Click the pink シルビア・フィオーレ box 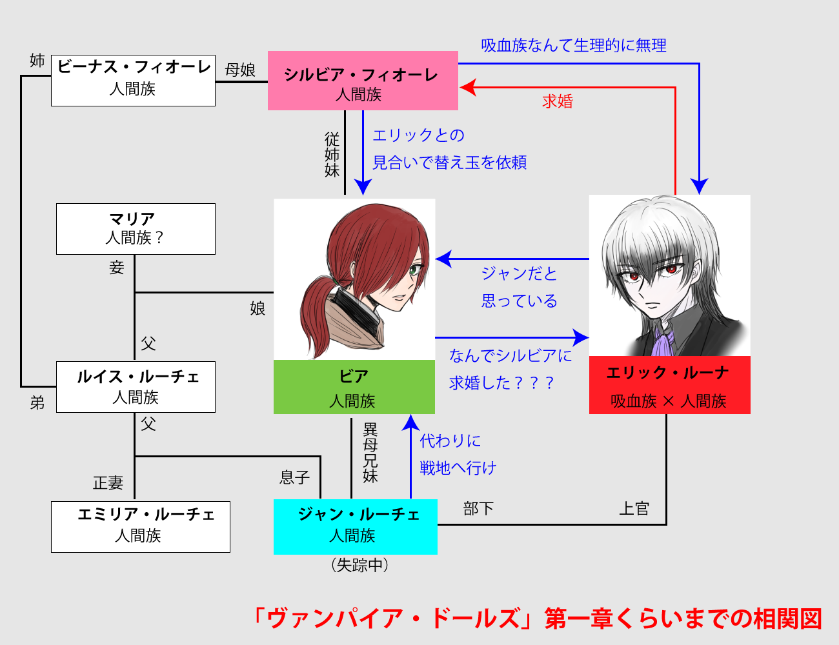[x=363, y=81]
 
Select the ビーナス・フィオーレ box [x=133, y=80]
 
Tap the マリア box [x=136, y=229]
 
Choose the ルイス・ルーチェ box [x=136, y=387]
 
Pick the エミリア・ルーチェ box [x=141, y=526]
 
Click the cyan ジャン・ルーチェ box [x=355, y=526]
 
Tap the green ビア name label [x=354, y=387]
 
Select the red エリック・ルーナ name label [x=669, y=385]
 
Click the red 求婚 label [x=558, y=101]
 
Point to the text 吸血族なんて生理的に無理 [x=573, y=45]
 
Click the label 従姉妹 [x=332, y=155]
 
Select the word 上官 [x=634, y=509]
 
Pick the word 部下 [x=478, y=509]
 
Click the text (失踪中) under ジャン [x=359, y=565]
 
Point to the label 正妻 [x=108, y=482]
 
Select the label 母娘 [x=240, y=70]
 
